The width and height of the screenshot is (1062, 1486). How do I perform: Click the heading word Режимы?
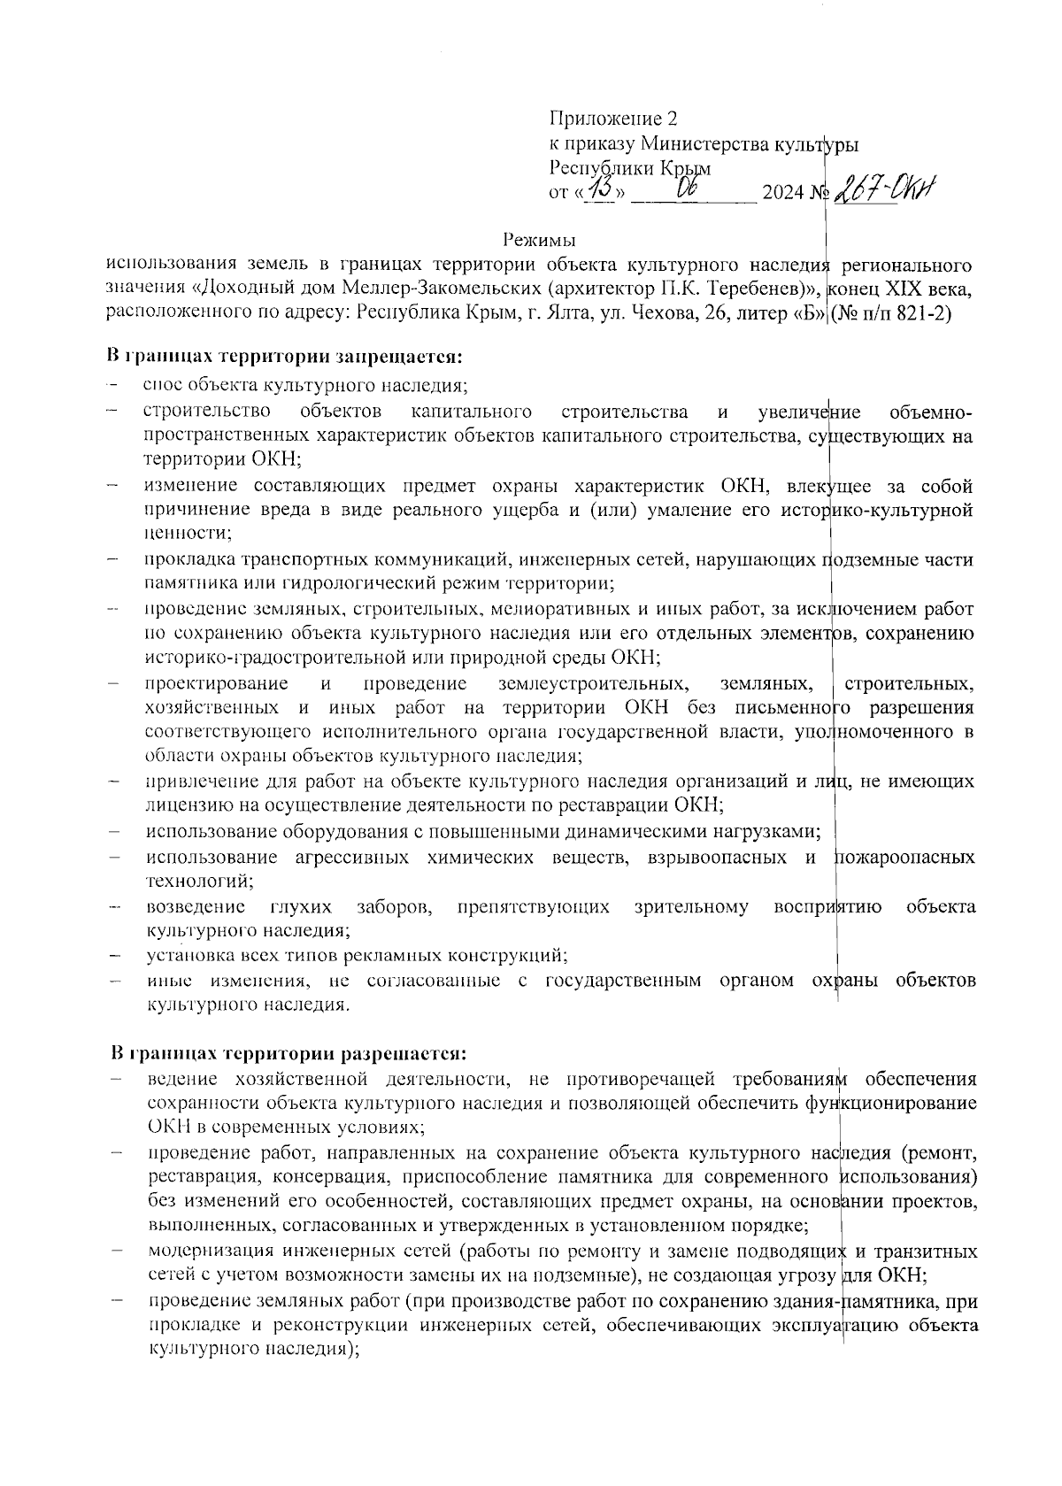coord(539,239)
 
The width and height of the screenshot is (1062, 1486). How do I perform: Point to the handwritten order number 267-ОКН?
coord(885,189)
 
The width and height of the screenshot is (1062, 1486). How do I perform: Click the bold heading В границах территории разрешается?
coord(288,1054)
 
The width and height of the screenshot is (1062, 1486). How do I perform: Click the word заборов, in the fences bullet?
coord(394,907)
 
